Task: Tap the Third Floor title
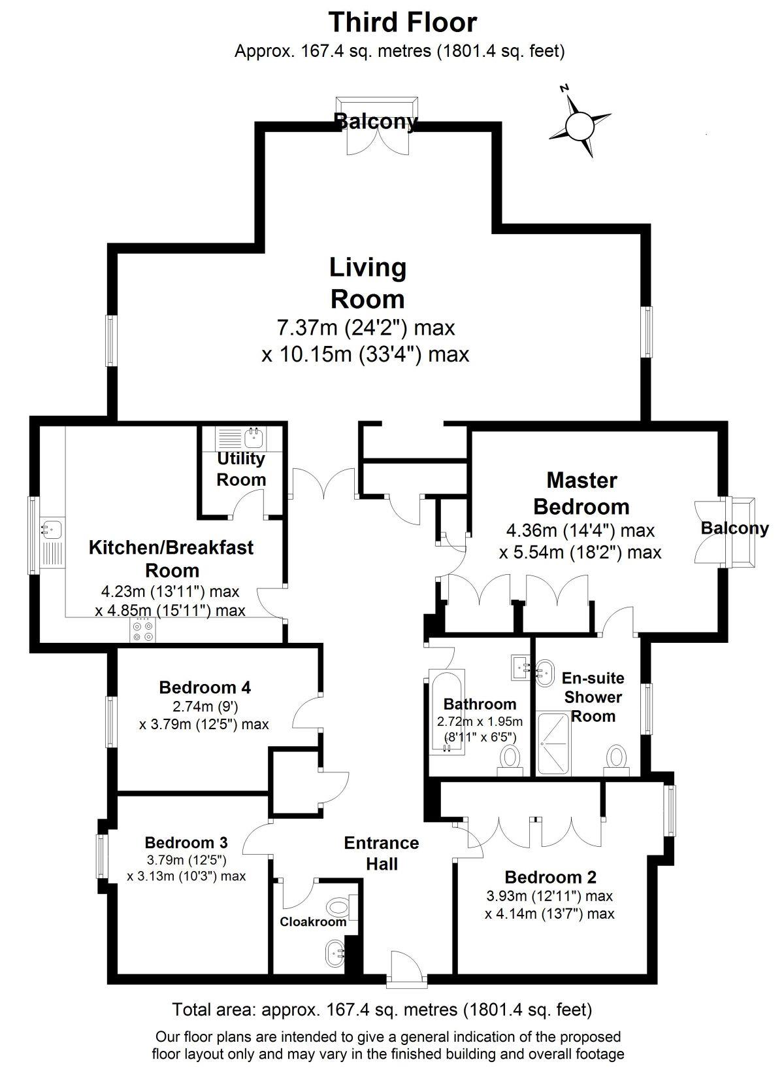pos(402,23)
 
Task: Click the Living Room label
pos(368,283)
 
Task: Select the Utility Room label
pos(240,469)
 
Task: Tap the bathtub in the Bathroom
pos(447,710)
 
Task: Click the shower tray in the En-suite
pos(554,744)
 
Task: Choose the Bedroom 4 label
pos(204,687)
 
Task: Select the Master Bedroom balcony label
pos(734,528)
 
